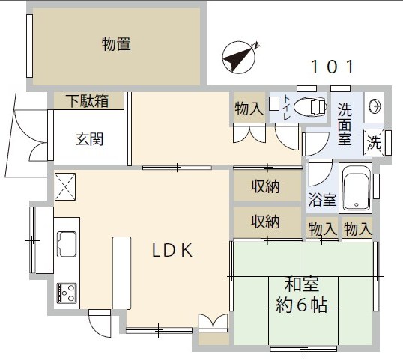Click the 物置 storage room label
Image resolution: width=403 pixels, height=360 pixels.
tap(116, 45)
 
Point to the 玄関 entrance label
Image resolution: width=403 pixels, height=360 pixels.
tap(88, 138)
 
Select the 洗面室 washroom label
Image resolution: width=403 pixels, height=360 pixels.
tap(344, 123)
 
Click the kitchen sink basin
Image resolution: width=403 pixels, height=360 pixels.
tap(66, 242)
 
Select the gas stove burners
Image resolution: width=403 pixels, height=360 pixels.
tap(66, 292)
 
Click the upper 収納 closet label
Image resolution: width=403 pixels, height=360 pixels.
tap(265, 186)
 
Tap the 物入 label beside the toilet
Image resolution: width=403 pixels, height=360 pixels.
tap(249, 109)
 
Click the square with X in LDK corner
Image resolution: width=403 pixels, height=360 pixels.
tap(65, 184)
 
